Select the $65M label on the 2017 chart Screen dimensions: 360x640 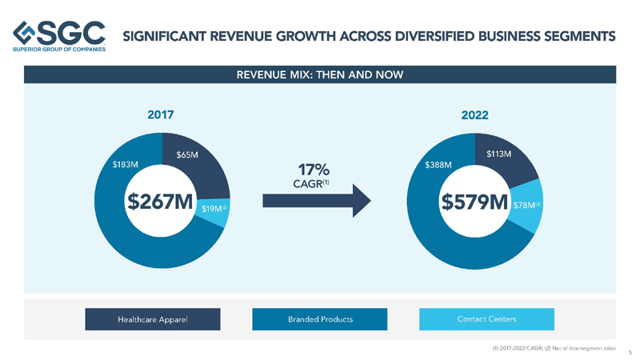tap(187, 154)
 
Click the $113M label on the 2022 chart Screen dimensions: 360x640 tap(499, 154)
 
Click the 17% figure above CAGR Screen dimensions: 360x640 tap(309, 170)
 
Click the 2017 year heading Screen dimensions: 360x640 tap(161, 114)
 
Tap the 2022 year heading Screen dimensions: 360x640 tap(474, 114)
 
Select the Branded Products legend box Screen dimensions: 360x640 tap(320, 319)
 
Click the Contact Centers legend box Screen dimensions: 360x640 tap(486, 319)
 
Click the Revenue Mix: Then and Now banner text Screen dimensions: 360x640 tap(319, 74)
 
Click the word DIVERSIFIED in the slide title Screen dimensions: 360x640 tap(430, 36)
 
